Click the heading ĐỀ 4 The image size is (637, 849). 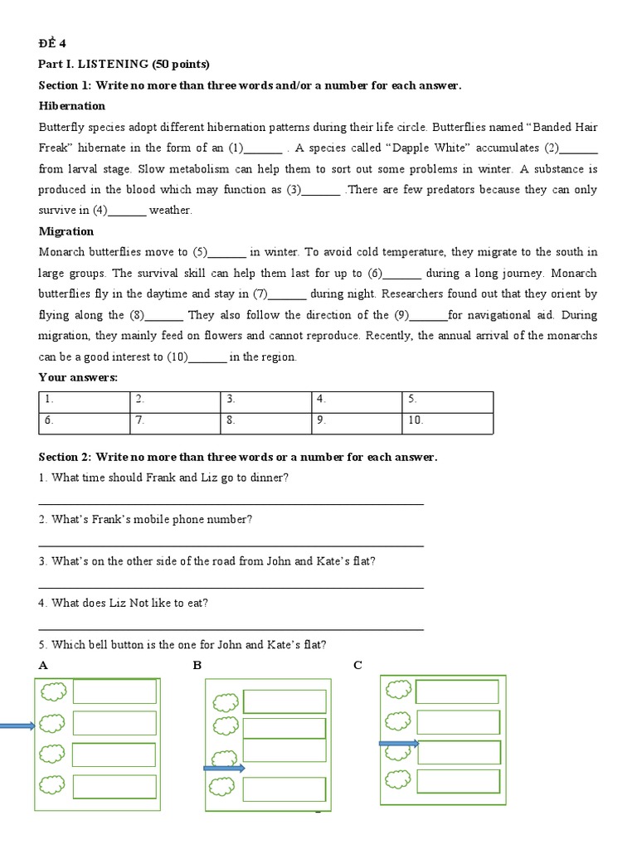point(51,44)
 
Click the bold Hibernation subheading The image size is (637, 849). point(72,106)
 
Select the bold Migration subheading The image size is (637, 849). point(66,231)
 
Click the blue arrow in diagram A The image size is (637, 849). point(17,727)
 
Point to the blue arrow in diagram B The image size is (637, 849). point(224,769)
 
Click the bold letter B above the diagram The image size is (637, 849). point(197,665)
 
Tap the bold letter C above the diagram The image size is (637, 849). point(357,665)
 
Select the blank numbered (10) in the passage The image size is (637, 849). point(207,357)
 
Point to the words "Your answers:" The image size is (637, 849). point(79,378)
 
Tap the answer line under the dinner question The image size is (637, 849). point(231,502)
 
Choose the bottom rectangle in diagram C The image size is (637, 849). point(458,782)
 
